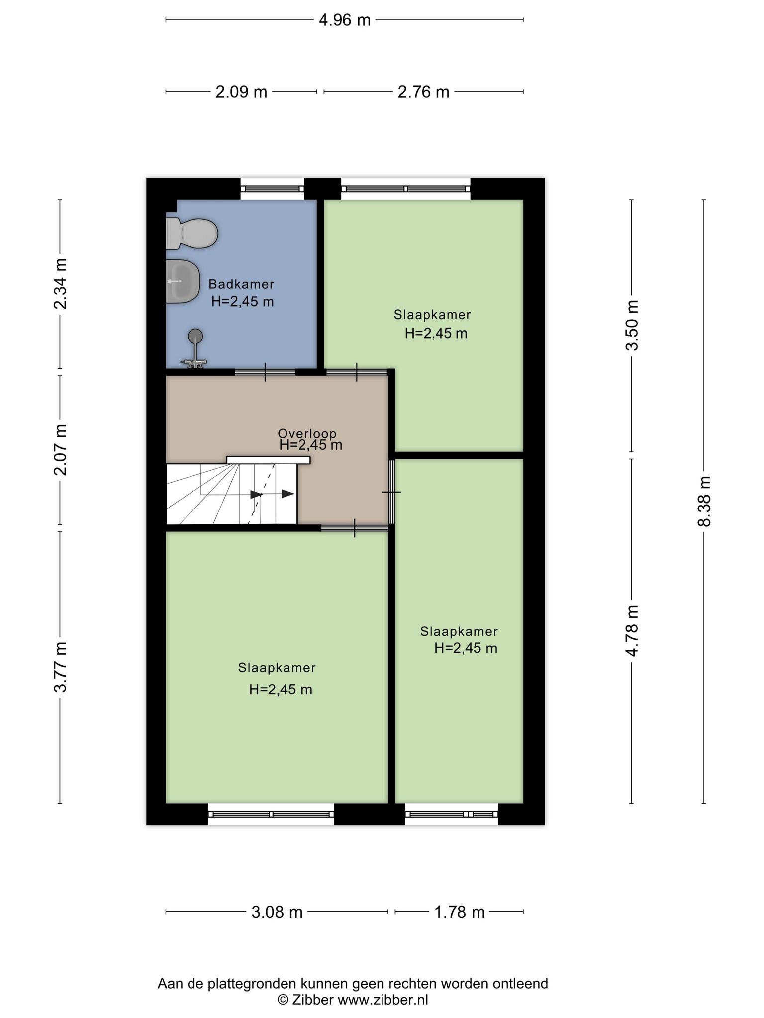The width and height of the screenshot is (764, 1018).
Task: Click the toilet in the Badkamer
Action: point(191,233)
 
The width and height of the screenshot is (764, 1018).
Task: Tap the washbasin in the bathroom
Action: point(183,281)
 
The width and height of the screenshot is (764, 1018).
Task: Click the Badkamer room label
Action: point(241,284)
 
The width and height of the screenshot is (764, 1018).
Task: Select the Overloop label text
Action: point(307,434)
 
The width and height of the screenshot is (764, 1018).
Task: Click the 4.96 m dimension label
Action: point(345,20)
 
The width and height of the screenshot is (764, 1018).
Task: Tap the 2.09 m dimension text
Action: point(241,92)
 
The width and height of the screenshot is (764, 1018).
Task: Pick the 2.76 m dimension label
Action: point(423,92)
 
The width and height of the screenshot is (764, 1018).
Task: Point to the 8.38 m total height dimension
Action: point(704,501)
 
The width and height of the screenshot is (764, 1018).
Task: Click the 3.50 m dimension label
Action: point(632,326)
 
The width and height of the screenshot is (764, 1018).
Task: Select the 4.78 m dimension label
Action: point(632,631)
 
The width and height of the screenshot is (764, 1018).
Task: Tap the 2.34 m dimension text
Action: point(60,284)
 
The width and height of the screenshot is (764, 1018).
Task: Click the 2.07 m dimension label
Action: point(60,450)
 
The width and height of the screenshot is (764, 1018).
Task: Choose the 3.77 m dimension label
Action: point(60,668)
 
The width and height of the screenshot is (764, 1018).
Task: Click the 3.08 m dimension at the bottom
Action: point(277,912)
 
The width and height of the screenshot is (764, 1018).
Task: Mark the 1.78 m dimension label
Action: point(459,912)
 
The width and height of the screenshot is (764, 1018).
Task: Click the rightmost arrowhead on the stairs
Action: point(288,494)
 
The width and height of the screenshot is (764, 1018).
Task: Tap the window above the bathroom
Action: point(272,189)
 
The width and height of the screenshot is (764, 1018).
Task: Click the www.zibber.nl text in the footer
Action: point(383,1000)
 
